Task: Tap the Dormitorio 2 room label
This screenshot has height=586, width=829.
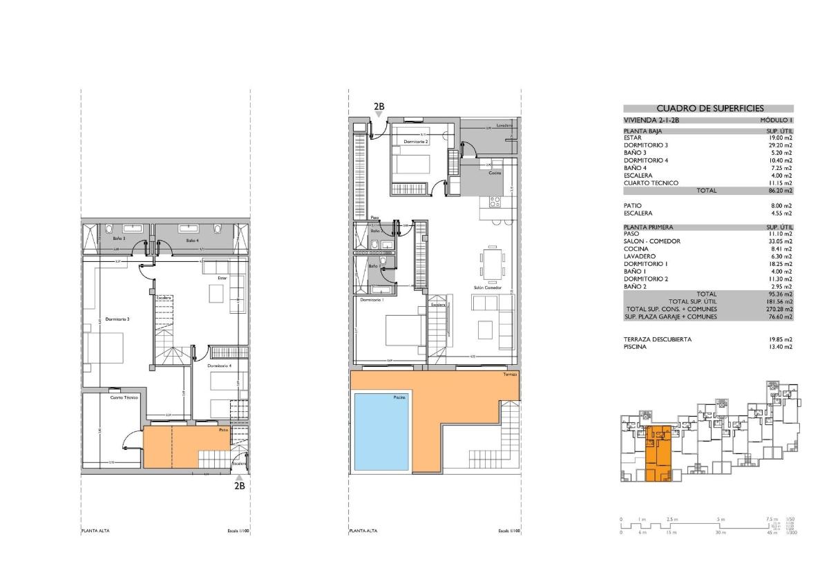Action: tap(416, 142)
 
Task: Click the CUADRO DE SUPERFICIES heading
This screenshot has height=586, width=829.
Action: tap(708, 108)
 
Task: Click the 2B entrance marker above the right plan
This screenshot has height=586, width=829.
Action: tap(379, 106)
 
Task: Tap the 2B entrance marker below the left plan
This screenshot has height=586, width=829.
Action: tap(239, 485)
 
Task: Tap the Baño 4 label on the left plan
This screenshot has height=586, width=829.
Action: tap(192, 240)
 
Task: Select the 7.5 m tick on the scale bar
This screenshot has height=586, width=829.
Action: tap(771, 519)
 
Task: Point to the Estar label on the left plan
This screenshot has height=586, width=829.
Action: tap(222, 278)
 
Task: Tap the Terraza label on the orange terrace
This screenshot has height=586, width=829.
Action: tap(511, 375)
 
